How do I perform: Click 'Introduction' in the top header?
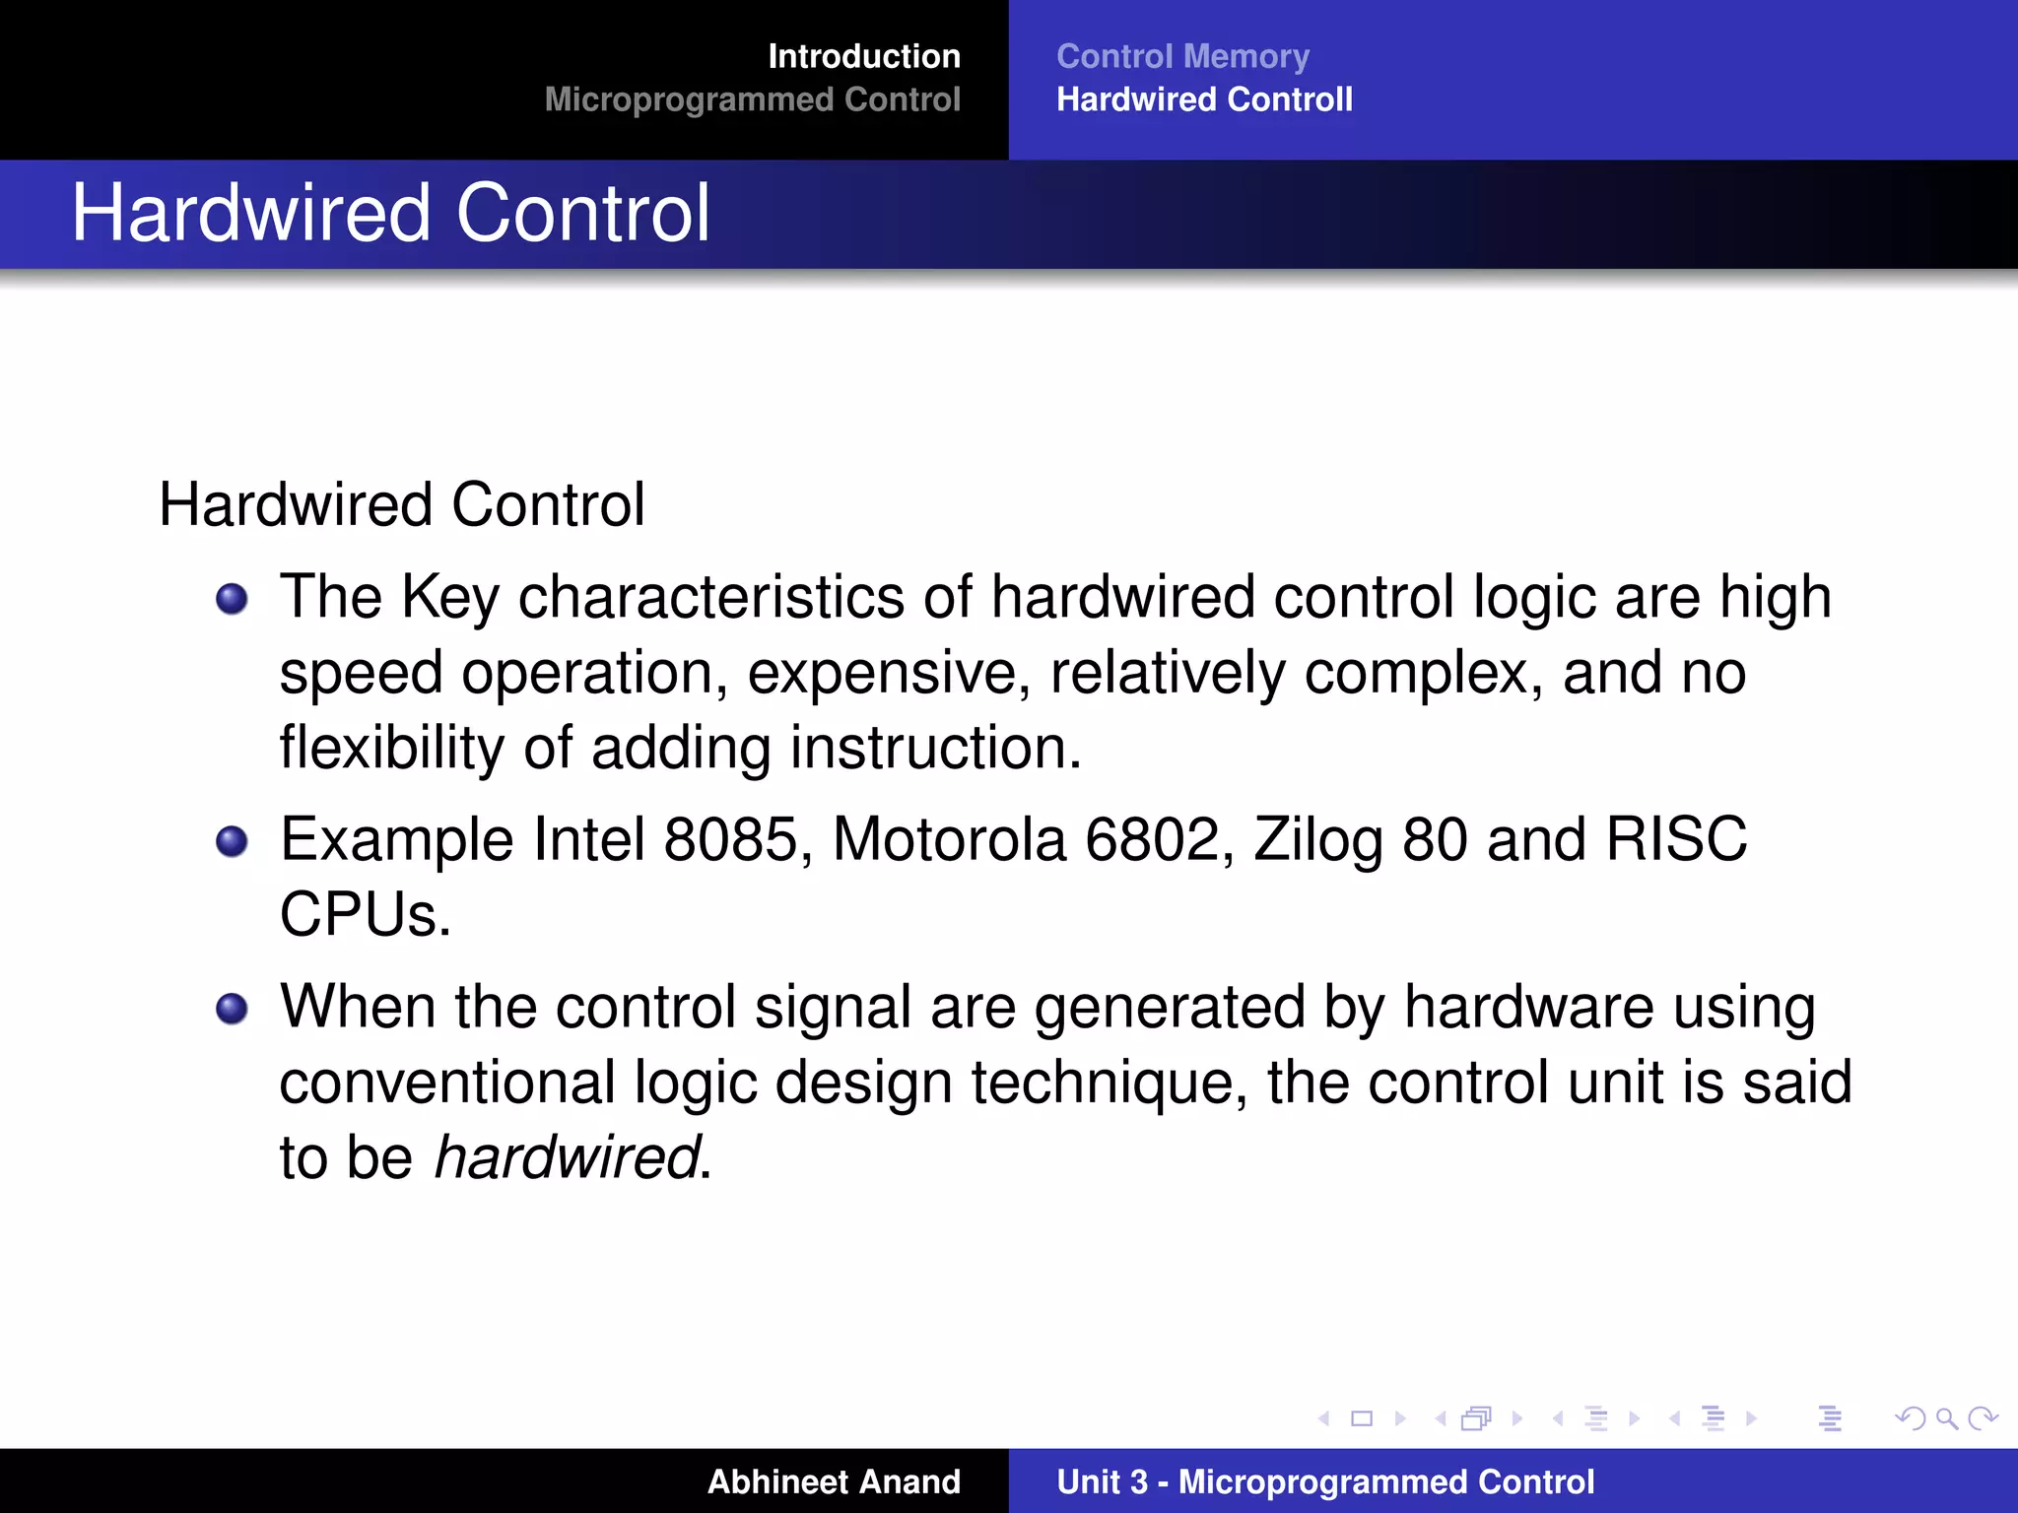click(863, 56)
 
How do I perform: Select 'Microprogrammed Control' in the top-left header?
click(752, 99)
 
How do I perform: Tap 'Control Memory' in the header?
click(1182, 56)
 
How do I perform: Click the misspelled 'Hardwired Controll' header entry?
click(1204, 99)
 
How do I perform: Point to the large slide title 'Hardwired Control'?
click(390, 213)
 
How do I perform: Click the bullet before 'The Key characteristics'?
click(232, 598)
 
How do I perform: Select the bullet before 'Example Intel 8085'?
click(232, 841)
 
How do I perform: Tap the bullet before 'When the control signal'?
click(232, 1009)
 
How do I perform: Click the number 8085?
click(730, 839)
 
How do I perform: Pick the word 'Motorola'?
click(949, 839)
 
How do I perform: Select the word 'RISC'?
click(1675, 839)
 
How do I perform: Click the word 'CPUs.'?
click(365, 915)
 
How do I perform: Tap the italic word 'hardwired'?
click(568, 1156)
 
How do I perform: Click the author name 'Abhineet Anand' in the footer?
click(834, 1481)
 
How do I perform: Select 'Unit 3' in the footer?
click(1102, 1481)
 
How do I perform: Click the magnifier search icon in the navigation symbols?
click(1946, 1418)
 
